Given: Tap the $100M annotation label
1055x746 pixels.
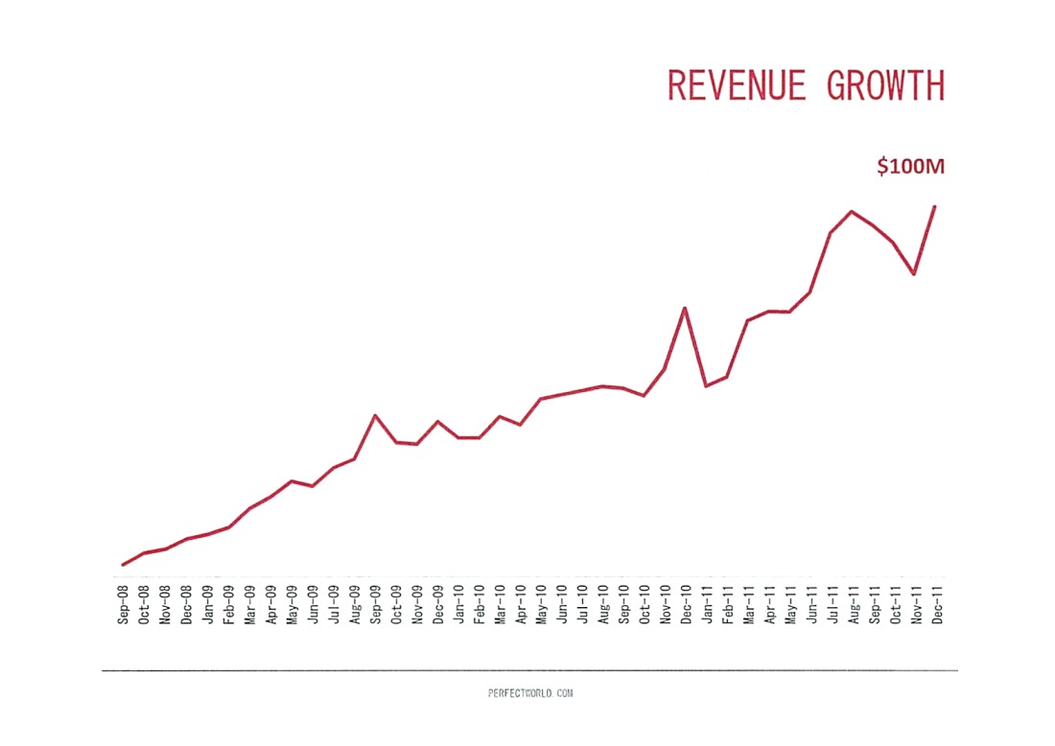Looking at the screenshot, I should click(910, 167).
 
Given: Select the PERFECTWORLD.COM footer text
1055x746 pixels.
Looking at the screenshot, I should click(530, 692).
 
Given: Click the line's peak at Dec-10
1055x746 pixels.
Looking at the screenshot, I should click(685, 308).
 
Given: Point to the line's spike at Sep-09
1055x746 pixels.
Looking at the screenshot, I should click(375, 415).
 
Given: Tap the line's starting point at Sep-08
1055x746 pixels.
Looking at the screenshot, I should click(123, 565).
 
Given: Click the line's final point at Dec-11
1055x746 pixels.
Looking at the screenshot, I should click(935, 206).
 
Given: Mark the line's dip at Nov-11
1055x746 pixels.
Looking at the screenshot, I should click(914, 274).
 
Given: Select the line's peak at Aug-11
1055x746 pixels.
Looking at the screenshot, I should click(852, 211).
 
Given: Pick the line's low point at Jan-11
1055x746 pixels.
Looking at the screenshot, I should click(706, 386).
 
